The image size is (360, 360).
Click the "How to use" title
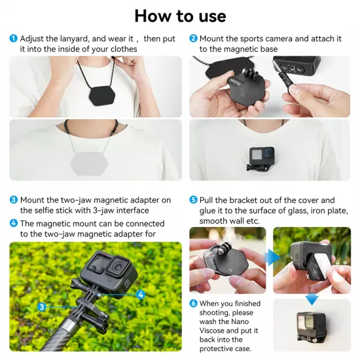click(x=180, y=16)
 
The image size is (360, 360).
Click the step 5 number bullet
click(x=193, y=200)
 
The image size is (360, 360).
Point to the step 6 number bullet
click(x=193, y=304)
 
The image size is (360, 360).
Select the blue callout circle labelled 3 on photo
click(x=41, y=306)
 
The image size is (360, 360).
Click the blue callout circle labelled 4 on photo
click(x=141, y=295)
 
